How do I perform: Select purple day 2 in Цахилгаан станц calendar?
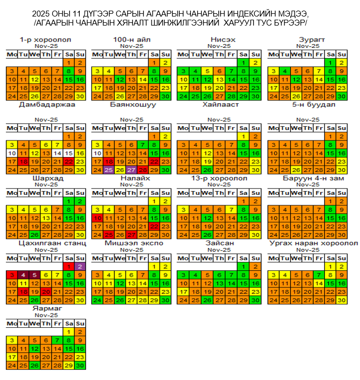coord(80,266)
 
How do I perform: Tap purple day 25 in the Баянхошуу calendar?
coord(108,170)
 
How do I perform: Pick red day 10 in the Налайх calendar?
coord(97,218)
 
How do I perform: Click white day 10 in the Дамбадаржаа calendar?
coord(12,153)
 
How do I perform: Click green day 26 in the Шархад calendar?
coord(35,235)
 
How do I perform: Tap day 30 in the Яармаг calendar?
coord(80,366)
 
